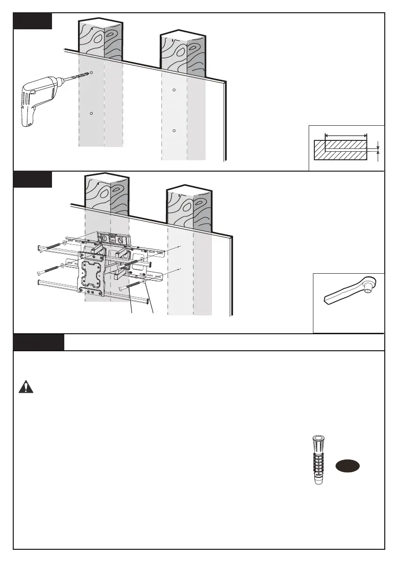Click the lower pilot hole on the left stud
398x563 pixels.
92,113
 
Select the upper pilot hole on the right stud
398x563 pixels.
174,90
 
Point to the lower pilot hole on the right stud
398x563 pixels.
174,130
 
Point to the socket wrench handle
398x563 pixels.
340,296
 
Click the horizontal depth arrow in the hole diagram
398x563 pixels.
346,136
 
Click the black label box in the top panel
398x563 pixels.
33,21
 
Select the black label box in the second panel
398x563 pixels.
33,180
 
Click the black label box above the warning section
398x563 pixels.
39,342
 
